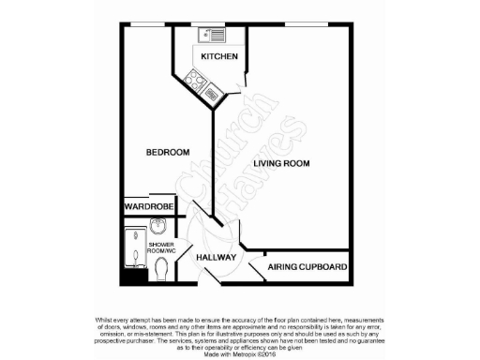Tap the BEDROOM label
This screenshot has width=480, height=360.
coord(168,152)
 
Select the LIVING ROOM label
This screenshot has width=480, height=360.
coord(281,164)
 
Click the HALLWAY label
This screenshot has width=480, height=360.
coord(216,257)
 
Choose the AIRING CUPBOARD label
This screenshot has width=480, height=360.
coord(307,267)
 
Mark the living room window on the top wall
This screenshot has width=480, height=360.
coord(299,23)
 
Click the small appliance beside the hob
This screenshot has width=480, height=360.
coord(213,92)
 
